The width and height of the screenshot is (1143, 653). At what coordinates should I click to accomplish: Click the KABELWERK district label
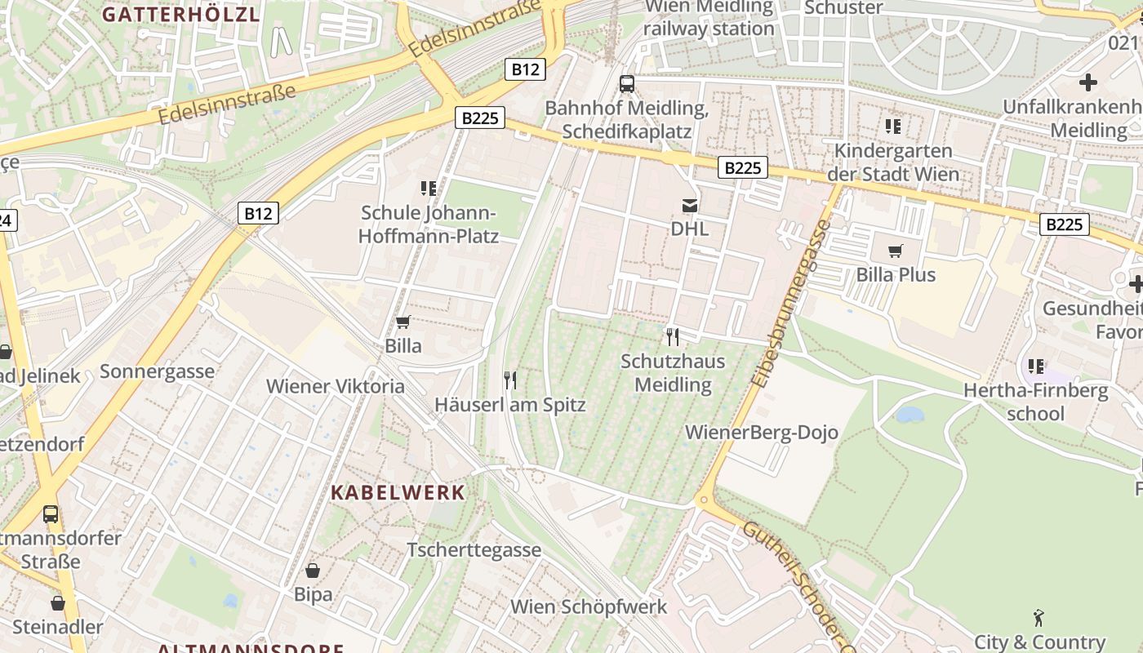398,492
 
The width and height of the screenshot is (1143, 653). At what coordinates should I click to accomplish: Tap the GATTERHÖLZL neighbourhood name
181,14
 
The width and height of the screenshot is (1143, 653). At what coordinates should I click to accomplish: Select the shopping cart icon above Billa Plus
896,251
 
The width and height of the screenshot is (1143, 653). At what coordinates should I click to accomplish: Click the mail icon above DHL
690,206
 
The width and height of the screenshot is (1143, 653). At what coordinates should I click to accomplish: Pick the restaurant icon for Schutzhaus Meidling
673,336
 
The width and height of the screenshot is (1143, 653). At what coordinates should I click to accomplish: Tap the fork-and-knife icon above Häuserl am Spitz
510,380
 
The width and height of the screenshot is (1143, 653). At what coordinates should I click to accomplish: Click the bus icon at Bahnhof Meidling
626,83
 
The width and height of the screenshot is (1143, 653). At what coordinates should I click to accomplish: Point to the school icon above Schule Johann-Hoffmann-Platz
429,189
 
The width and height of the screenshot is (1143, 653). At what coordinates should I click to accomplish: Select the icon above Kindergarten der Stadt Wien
893,127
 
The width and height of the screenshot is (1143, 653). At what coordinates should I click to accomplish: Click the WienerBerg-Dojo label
762,433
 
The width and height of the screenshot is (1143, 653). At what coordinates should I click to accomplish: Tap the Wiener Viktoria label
336,386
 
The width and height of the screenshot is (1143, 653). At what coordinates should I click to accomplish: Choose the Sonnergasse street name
157,371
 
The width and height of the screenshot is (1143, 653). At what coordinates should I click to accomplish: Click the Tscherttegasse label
474,549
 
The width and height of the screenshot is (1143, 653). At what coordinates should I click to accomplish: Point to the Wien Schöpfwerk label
589,606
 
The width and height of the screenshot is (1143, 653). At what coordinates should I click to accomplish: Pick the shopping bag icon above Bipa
313,570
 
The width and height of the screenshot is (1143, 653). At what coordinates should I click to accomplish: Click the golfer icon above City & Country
1038,618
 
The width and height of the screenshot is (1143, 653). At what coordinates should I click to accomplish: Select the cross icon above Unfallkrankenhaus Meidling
1087,82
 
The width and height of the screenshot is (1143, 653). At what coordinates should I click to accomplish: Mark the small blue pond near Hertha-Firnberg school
910,415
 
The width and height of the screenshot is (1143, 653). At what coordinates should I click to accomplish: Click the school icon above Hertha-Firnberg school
1036,366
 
